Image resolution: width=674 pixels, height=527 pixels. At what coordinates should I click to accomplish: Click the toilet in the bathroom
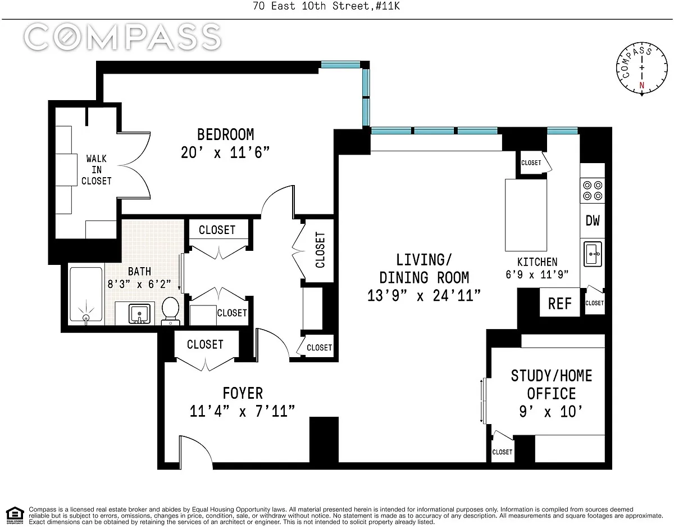[170, 311]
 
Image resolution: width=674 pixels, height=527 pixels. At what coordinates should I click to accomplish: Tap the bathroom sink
[139, 314]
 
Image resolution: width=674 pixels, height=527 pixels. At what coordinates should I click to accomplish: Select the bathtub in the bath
[86, 294]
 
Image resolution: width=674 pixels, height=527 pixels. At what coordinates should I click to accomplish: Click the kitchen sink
[593, 254]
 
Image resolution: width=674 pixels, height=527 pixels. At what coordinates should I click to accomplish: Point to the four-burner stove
[593, 191]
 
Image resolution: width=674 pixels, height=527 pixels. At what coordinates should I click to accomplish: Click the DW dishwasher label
[593, 220]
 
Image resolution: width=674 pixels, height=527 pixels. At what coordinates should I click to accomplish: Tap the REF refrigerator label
[559, 303]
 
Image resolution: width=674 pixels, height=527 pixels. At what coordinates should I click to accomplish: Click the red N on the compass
[642, 85]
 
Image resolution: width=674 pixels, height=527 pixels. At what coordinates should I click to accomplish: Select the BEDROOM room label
[225, 134]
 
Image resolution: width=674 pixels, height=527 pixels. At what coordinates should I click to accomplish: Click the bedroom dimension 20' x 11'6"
[225, 152]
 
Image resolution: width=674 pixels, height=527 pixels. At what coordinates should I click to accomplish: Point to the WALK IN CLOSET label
[97, 170]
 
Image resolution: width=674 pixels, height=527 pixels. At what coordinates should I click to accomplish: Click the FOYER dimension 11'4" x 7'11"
[242, 411]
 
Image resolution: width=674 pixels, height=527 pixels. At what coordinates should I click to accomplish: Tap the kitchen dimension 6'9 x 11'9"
[537, 274]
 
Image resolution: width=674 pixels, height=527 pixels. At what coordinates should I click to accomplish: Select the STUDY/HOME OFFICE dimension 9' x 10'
[550, 412]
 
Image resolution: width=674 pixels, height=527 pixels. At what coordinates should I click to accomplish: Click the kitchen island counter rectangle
[526, 215]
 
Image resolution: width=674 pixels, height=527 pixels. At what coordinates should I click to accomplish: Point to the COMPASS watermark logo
[122, 37]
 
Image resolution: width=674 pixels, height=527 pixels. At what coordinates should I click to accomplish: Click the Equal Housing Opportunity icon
[15, 516]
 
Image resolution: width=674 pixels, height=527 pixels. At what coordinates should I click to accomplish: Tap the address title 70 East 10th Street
[311, 6]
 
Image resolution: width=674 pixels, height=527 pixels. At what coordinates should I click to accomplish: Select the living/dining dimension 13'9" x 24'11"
[423, 295]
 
